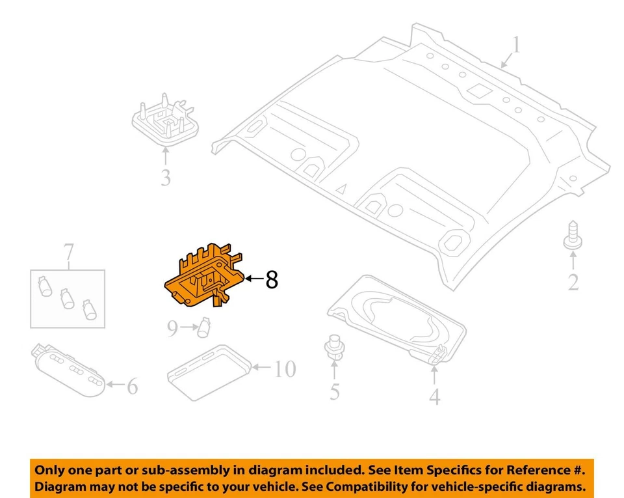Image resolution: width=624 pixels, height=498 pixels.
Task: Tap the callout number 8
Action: click(x=272, y=280)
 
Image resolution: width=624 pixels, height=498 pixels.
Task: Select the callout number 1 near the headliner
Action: click(x=516, y=46)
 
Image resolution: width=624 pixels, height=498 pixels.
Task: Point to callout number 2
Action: click(x=573, y=283)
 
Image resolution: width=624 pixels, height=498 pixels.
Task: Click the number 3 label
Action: click(x=165, y=176)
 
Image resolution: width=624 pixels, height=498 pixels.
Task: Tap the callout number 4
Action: click(x=434, y=395)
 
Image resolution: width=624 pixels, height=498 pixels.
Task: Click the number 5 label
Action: click(x=334, y=391)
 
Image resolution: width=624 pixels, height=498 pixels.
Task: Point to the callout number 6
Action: click(x=132, y=387)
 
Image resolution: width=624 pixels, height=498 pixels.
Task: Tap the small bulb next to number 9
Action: click(x=205, y=326)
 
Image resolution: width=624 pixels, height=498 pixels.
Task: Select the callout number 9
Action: click(x=172, y=329)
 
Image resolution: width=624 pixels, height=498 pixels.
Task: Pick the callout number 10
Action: click(x=283, y=369)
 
